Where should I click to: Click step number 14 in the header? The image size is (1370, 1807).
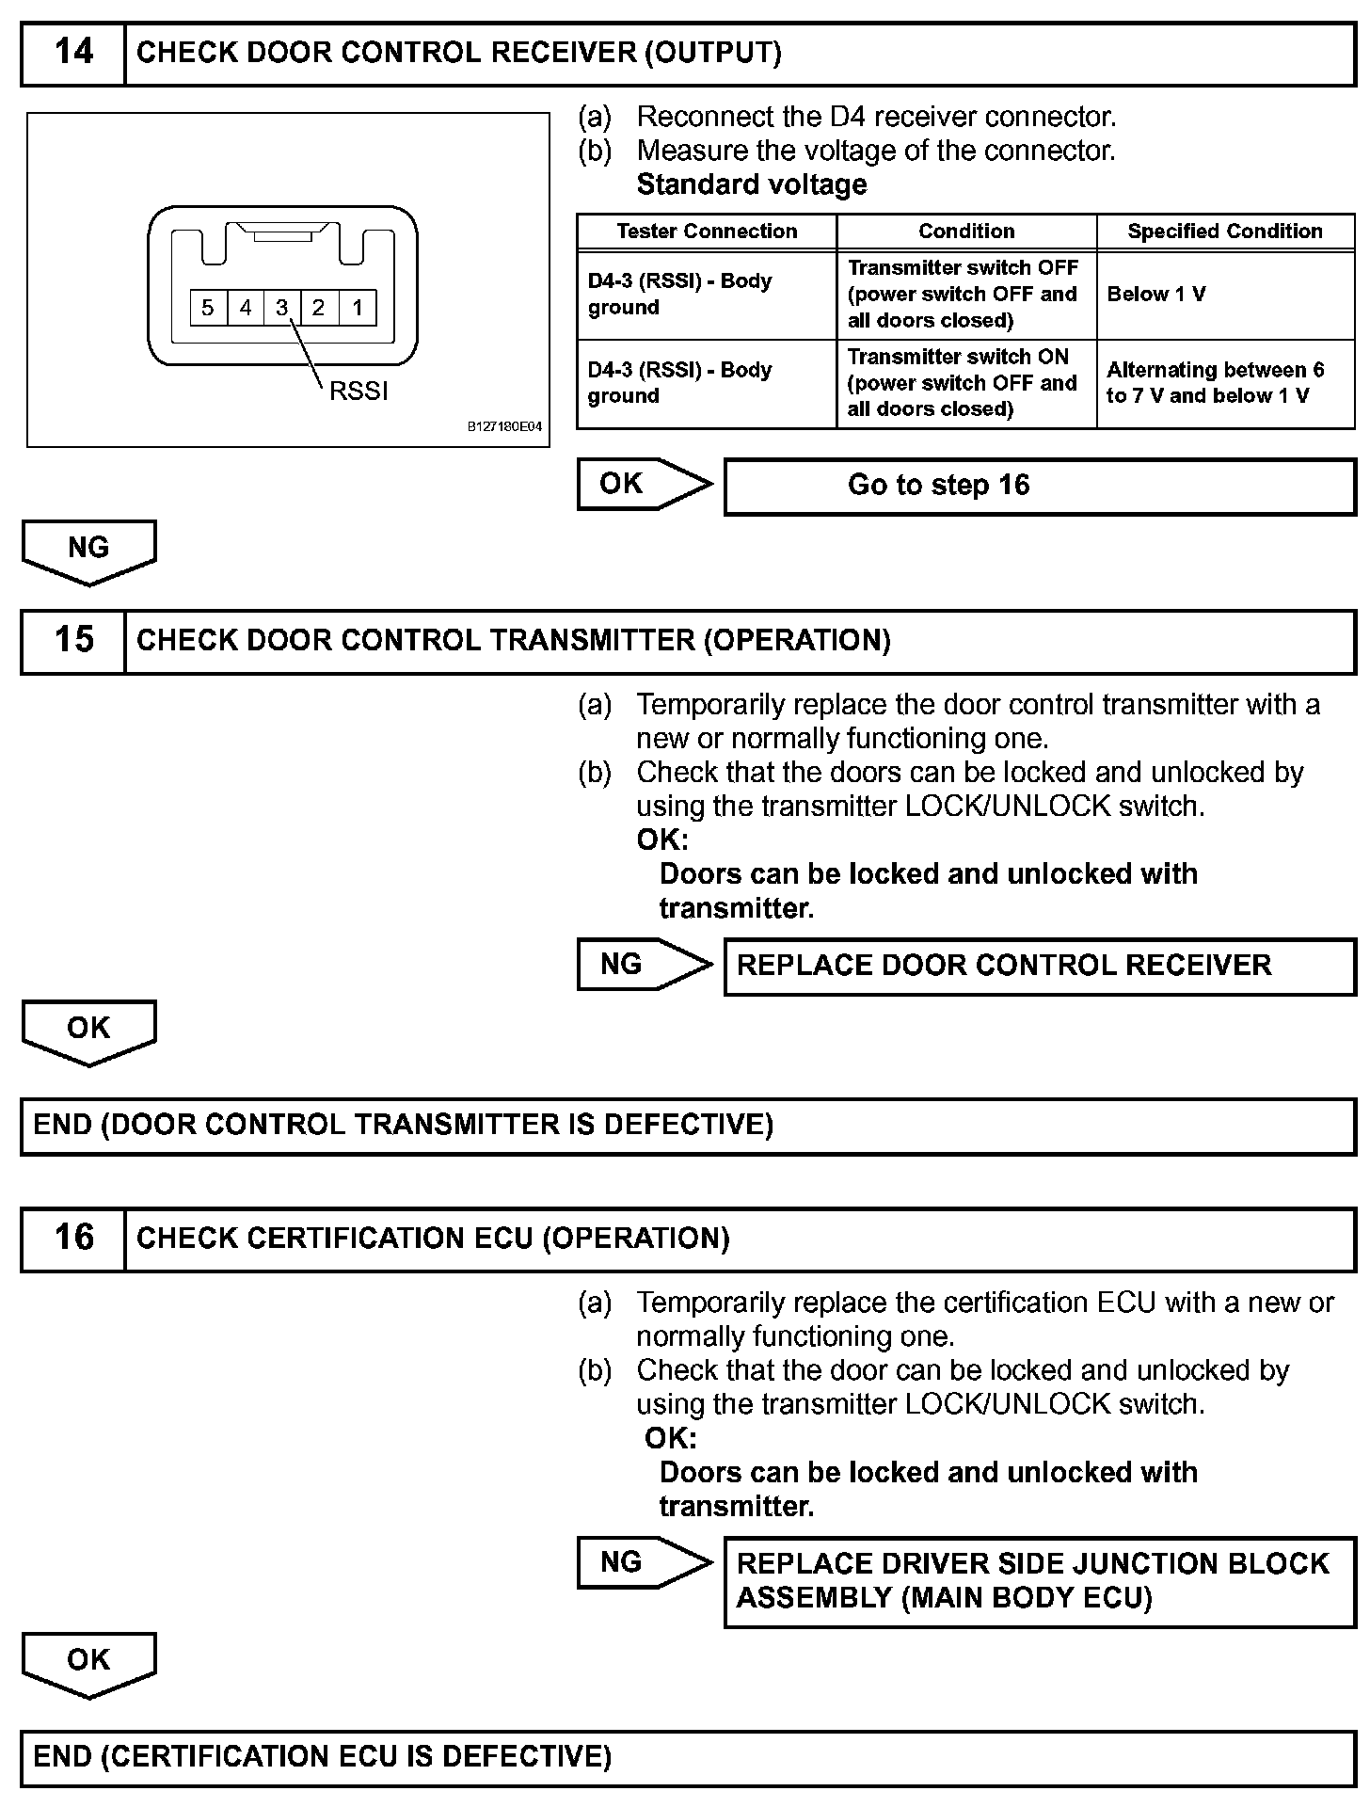(x=73, y=53)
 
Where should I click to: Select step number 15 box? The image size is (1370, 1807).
(x=73, y=641)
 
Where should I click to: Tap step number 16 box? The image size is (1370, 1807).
(x=73, y=1239)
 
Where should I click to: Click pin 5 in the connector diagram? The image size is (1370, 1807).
(x=208, y=308)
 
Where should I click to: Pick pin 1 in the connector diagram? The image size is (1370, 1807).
(x=358, y=308)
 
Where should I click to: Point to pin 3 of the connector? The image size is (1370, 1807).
(x=281, y=308)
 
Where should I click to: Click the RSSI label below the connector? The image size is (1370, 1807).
(x=358, y=392)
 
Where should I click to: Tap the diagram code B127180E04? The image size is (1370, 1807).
(x=505, y=427)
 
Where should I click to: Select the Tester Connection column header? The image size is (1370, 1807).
(x=707, y=232)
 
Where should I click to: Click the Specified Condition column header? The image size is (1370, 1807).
(x=1225, y=232)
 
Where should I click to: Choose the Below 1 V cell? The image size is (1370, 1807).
(x=1225, y=295)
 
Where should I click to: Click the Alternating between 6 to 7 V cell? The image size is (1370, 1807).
(x=1225, y=383)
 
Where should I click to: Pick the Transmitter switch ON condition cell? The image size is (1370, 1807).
(x=966, y=383)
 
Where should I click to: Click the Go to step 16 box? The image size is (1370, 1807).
(x=1039, y=486)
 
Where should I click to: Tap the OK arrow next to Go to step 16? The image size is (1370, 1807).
(x=644, y=485)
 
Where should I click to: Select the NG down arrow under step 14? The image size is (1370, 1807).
(x=88, y=551)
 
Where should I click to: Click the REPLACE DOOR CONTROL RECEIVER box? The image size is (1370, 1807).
(x=1039, y=966)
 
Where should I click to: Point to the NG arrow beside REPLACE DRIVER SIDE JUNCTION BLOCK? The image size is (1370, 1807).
(x=644, y=1563)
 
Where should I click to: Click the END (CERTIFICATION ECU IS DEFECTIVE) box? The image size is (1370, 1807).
(x=687, y=1757)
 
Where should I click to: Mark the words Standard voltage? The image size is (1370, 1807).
(x=752, y=184)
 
